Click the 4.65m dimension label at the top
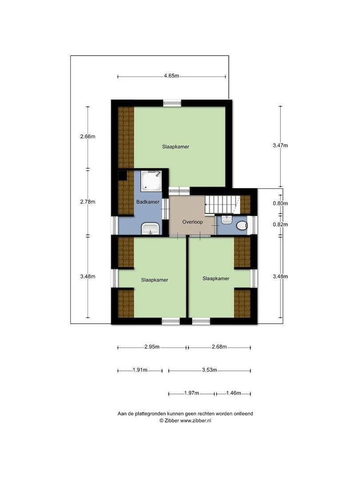point(171,76)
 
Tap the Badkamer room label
point(148,202)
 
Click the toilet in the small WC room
point(242,226)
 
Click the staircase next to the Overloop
point(222,205)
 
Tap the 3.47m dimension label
point(280,145)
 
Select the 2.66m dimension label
point(88,136)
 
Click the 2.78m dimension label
point(88,202)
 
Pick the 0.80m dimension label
point(280,204)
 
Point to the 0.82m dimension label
point(280,224)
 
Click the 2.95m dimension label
point(152,347)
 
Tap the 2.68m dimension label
point(219,347)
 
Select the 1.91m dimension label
point(140,370)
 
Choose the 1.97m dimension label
point(192,393)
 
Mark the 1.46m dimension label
point(233,393)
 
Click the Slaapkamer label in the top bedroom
point(176,146)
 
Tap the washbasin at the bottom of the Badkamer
point(150,229)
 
